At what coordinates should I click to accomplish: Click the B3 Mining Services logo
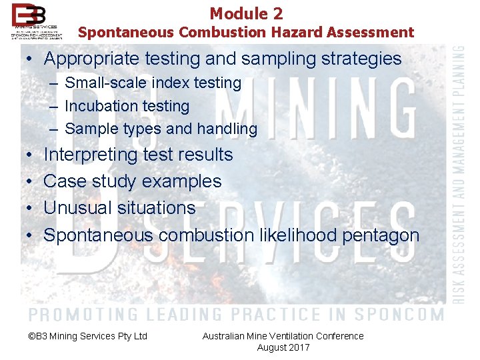[37, 21]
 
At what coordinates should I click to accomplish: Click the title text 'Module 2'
[246, 13]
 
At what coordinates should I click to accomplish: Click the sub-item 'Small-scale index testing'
[153, 83]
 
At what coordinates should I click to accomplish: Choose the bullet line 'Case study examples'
[132, 181]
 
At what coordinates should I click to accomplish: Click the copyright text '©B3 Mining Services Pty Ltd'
[88, 336]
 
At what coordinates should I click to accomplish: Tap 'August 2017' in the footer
[283, 347]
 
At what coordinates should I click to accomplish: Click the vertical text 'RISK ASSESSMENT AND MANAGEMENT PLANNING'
[460, 174]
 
